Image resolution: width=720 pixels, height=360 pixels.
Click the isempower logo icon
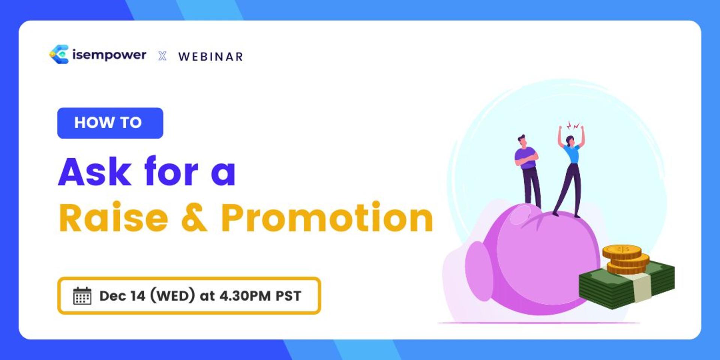click(59, 54)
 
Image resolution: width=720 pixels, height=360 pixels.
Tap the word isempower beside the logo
click(109, 55)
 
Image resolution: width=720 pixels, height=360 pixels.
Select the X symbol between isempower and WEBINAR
click(162, 56)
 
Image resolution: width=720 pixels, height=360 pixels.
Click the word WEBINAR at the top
click(210, 57)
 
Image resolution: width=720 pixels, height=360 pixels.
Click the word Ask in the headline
click(95, 172)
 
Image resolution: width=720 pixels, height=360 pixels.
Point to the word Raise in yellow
click(113, 218)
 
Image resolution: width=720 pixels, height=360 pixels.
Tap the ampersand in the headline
click(194, 218)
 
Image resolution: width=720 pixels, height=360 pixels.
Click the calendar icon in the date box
click(82, 296)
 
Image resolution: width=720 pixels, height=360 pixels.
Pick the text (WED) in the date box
click(172, 295)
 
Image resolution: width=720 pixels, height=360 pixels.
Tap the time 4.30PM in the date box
click(245, 296)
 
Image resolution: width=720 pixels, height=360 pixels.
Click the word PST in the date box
click(288, 296)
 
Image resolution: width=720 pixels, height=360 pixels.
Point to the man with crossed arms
click(528, 171)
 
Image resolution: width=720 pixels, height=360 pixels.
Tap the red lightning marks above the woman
click(573, 125)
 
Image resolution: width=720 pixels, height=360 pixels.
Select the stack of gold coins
click(625, 259)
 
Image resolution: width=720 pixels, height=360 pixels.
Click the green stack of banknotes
click(626, 285)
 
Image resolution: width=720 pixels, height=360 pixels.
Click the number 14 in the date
click(138, 296)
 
